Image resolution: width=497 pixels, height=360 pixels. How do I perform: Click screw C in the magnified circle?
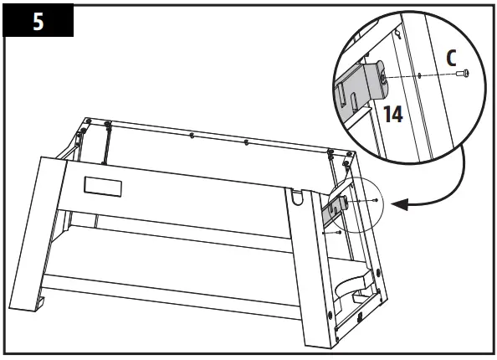464,75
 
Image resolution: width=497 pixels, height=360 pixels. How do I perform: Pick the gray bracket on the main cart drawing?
336,211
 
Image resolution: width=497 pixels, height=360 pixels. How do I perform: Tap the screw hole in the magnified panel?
417,75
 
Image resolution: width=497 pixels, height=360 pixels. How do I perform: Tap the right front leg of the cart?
314,268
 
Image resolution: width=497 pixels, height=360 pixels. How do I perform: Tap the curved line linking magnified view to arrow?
461,180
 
